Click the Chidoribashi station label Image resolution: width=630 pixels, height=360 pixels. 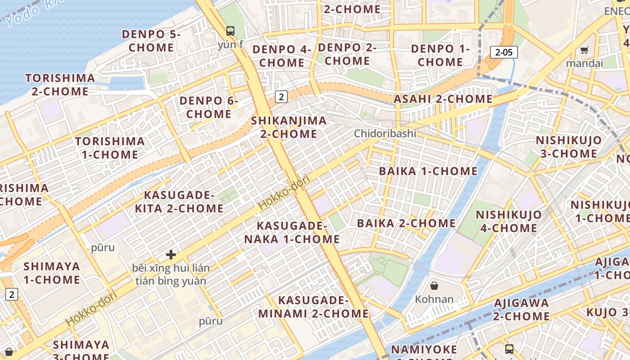tap(385, 134)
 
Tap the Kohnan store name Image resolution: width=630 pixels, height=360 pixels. tap(434, 299)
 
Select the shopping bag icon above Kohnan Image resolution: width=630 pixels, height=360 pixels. tap(434, 286)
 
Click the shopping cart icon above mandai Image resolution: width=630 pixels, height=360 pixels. tap(584, 50)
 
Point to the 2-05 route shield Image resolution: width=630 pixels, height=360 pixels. tap(504, 52)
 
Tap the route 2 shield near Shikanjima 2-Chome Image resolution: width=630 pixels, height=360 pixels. tap(281, 96)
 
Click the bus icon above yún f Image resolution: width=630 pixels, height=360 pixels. tap(230, 31)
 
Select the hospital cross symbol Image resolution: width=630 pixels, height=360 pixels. tap(171, 255)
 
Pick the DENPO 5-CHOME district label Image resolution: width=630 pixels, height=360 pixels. tap(151, 40)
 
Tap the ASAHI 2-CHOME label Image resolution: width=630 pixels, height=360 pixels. tap(443, 99)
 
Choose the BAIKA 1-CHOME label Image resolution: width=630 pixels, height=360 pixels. tap(428, 171)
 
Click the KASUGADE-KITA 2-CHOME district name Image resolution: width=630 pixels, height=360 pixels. tap(179, 202)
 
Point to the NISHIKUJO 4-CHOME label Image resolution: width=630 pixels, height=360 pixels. tap(508, 221)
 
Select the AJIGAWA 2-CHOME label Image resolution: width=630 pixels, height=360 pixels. tap(521, 309)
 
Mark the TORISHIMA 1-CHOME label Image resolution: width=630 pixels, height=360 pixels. tap(110, 148)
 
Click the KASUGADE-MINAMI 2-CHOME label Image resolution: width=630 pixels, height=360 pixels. tap(314, 307)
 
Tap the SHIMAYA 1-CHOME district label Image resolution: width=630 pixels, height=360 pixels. tap(52, 273)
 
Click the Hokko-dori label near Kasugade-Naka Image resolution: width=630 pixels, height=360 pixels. tap(284, 193)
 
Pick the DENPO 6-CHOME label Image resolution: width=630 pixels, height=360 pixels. tap(208, 107)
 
